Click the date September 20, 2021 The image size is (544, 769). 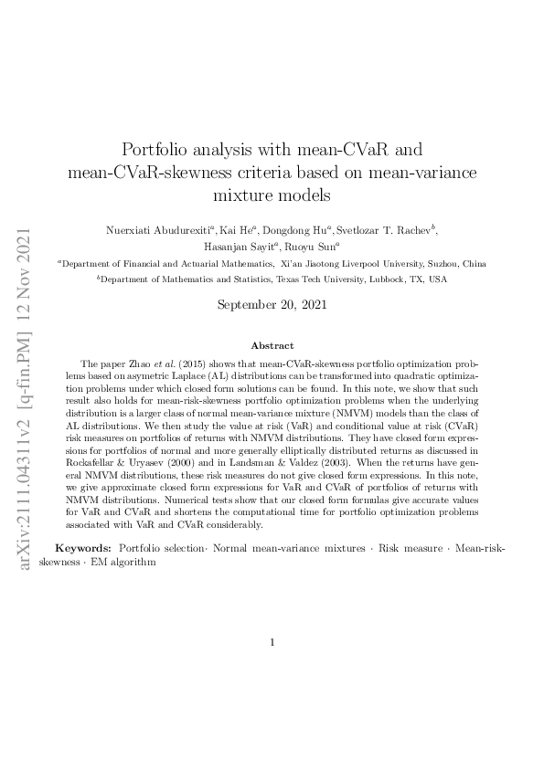[272, 303]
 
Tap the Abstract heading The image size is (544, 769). [272, 345]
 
